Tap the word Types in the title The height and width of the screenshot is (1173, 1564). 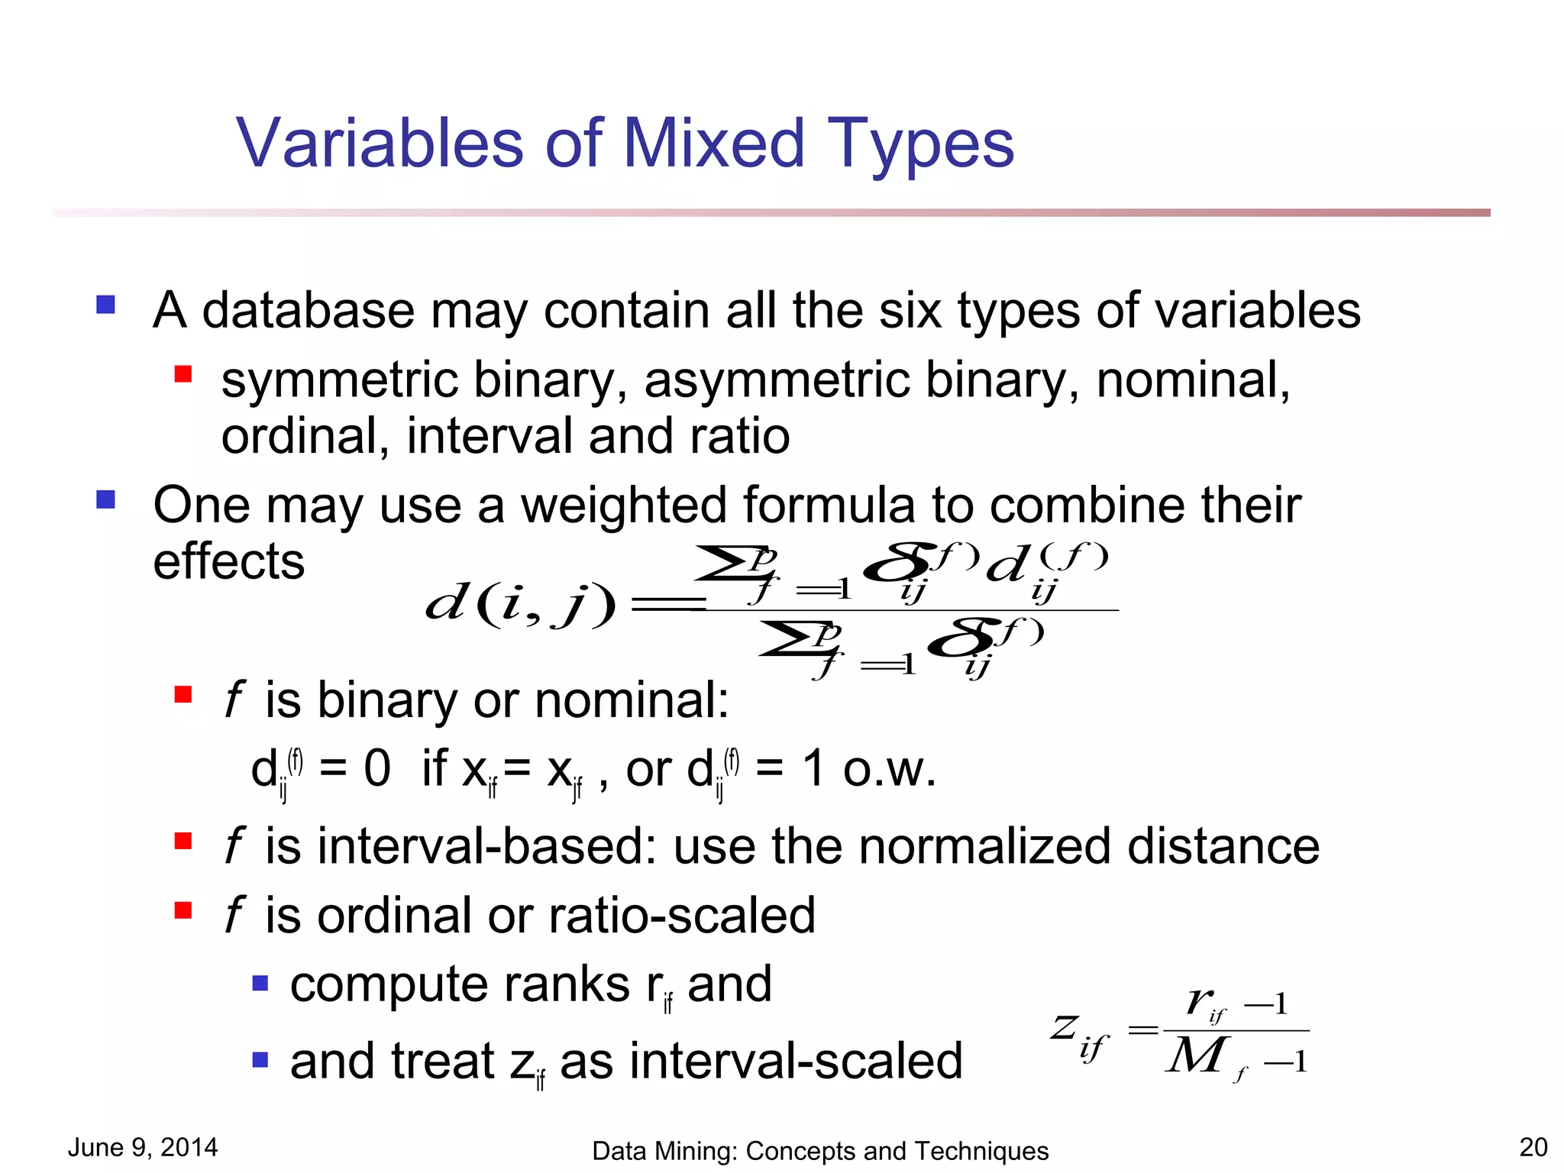(x=920, y=145)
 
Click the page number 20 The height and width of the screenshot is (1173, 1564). (x=1533, y=1147)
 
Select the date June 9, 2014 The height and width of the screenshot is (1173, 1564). (x=143, y=1147)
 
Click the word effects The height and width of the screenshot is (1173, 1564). (x=228, y=561)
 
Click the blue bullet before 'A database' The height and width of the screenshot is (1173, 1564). (x=105, y=305)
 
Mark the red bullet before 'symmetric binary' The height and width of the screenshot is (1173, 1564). (x=183, y=374)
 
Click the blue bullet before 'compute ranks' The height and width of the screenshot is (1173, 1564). (x=260, y=983)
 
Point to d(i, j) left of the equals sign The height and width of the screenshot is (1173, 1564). (x=519, y=605)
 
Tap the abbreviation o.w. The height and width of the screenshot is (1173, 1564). (x=889, y=769)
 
